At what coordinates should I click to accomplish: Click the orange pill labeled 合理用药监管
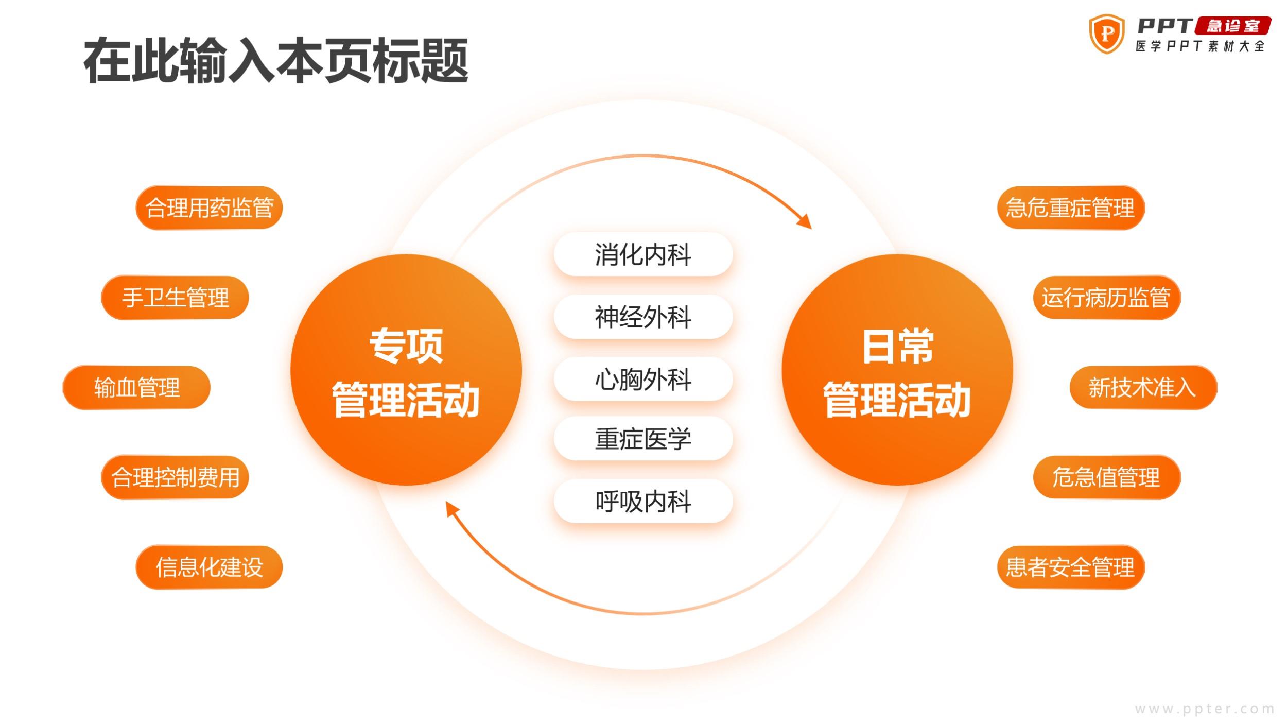pos(209,208)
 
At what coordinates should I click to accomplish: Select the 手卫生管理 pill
pos(175,298)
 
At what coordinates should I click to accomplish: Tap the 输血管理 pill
pos(136,387)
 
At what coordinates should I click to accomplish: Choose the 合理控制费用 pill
pos(175,477)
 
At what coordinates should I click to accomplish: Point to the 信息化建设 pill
pos(209,567)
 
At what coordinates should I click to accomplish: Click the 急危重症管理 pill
pos(1071,208)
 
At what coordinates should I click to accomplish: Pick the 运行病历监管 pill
pos(1106,298)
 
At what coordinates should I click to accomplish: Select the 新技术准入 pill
pos(1143,387)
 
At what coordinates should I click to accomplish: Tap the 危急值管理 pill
pos(1106,477)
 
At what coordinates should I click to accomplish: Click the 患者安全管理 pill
pos(1071,567)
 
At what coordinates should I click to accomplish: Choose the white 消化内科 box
pos(643,254)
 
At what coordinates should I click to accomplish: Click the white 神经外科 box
pos(643,317)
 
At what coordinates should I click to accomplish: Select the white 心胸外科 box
pos(643,379)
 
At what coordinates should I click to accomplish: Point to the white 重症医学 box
pos(643,439)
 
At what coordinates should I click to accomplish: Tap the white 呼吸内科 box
pos(643,501)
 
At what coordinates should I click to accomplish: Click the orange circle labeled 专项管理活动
pos(406,370)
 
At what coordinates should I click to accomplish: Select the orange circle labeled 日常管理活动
pos(897,370)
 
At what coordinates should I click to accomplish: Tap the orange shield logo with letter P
pos(1106,34)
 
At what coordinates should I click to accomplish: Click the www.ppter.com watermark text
pos(1205,709)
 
